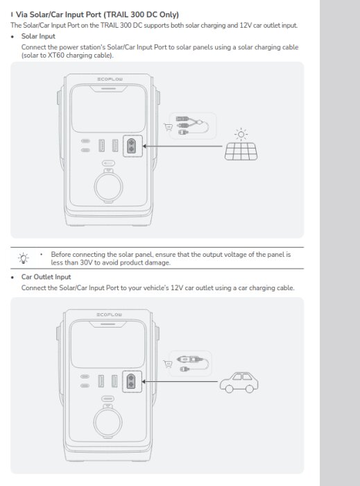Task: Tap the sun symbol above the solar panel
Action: pos(241,132)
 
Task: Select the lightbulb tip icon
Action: pos(24,259)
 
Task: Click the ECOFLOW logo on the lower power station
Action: pos(110,315)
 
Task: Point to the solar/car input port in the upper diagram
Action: pos(130,146)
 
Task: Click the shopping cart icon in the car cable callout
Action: pos(168,362)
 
